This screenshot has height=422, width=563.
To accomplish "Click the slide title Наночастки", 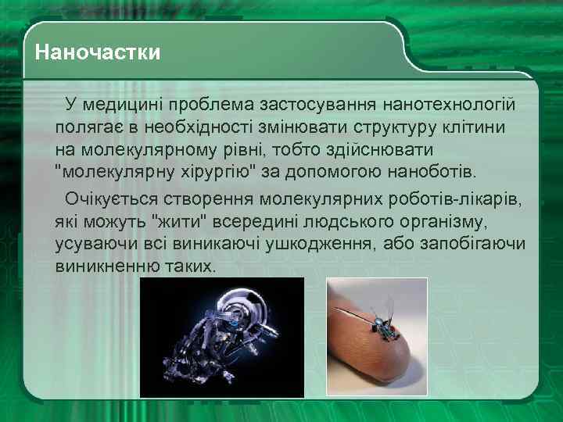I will (x=98, y=53).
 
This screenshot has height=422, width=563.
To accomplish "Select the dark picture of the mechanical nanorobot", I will (x=221, y=329).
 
